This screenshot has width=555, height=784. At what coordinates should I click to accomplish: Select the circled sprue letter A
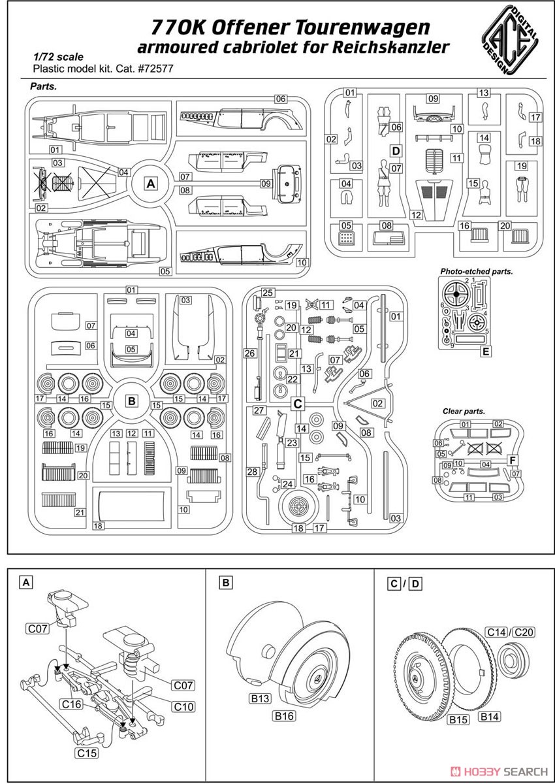151,184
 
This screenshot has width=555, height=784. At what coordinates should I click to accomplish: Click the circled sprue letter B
132,400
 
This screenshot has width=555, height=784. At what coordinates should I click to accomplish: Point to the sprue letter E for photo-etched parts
485,351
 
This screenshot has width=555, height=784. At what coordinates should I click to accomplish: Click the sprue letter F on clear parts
513,460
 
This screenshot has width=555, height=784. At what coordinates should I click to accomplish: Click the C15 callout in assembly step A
87,753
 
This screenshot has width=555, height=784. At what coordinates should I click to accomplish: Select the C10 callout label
183,707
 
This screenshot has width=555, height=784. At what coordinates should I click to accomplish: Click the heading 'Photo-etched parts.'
476,271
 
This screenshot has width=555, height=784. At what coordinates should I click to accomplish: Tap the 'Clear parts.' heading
464,411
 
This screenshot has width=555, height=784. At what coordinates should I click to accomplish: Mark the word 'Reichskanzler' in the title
390,47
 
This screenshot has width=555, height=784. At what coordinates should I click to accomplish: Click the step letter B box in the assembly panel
225,583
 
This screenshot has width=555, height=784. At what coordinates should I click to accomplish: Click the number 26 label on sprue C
249,353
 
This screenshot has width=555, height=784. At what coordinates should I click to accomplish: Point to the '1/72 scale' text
58,57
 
